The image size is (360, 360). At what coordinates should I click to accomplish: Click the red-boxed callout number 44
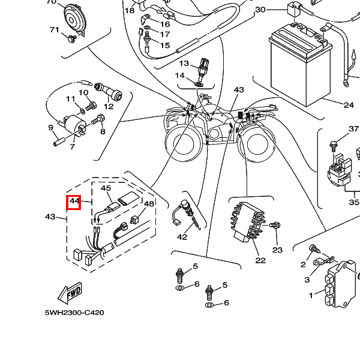pyautogui.click(x=73, y=202)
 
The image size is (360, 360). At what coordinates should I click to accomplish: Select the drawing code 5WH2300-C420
pyautogui.click(x=74, y=313)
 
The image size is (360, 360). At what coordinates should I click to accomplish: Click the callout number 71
pyautogui.click(x=55, y=30)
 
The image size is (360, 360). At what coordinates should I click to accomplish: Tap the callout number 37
pyautogui.click(x=353, y=129)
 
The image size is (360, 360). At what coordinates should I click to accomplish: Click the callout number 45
pyautogui.click(x=106, y=188)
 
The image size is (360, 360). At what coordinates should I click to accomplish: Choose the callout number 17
pyautogui.click(x=164, y=34)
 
